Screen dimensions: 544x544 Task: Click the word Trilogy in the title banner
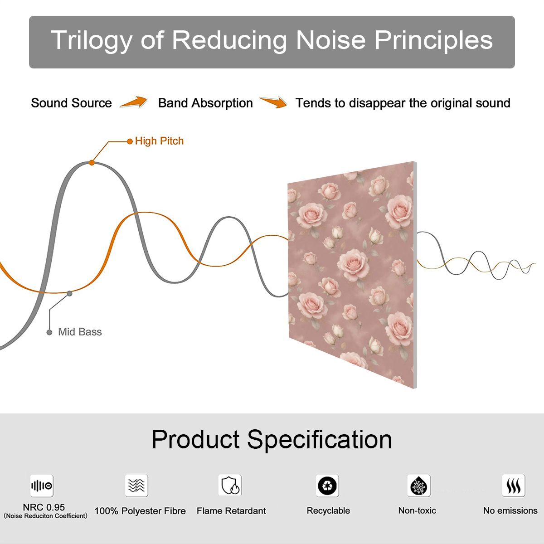point(92,41)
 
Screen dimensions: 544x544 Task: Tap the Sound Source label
point(72,103)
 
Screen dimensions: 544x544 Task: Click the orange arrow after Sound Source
point(134,102)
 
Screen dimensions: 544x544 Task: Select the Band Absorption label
point(205,103)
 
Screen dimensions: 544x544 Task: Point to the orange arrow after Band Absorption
point(273,102)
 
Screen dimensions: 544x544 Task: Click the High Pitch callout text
point(159,141)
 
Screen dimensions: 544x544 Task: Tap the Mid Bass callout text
point(80,332)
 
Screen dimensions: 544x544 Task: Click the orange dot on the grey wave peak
point(92,163)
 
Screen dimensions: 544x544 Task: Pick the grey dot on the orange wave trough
point(69,294)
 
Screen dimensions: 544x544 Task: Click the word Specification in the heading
point(320,440)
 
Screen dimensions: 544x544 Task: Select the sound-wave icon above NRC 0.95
point(42,486)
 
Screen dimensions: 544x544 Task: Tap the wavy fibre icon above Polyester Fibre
point(136,485)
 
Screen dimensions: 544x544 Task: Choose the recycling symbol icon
point(327,486)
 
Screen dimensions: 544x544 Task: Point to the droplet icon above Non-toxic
point(419,486)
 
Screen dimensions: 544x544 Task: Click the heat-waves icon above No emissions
point(514,486)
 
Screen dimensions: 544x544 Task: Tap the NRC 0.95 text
point(44,507)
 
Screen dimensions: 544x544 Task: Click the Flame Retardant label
point(231,511)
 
